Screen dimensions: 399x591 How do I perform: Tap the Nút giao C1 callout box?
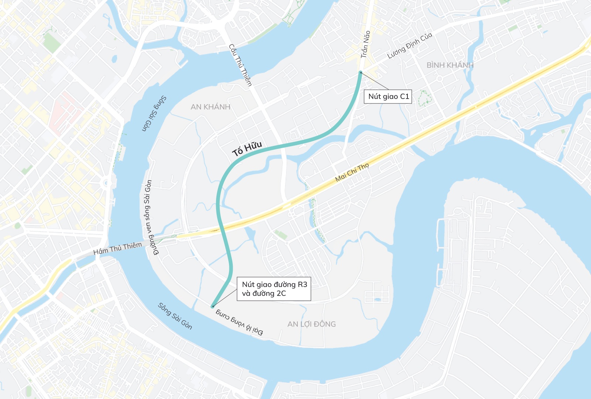click(388, 96)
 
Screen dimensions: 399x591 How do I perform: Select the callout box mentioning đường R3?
click(274, 289)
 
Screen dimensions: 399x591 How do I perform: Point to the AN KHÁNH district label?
click(211, 107)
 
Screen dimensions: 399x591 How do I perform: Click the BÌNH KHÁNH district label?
click(450, 65)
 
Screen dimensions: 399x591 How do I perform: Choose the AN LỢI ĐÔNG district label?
click(311, 324)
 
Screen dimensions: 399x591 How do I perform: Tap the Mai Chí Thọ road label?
click(352, 172)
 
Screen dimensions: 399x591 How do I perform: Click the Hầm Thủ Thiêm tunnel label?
click(117, 248)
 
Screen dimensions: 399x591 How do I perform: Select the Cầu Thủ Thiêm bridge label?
click(240, 65)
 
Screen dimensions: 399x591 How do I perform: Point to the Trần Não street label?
click(365, 44)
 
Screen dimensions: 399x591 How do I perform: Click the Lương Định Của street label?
click(410, 46)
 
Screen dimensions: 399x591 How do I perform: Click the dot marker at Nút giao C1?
click(361, 72)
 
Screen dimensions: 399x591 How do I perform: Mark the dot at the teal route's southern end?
click(212, 306)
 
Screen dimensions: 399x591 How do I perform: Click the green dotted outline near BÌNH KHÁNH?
click(425, 98)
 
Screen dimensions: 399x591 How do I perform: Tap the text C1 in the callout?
click(404, 96)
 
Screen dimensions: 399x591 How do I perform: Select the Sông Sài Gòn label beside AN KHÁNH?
click(154, 113)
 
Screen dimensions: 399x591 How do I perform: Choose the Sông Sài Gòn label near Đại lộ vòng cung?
click(175, 316)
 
